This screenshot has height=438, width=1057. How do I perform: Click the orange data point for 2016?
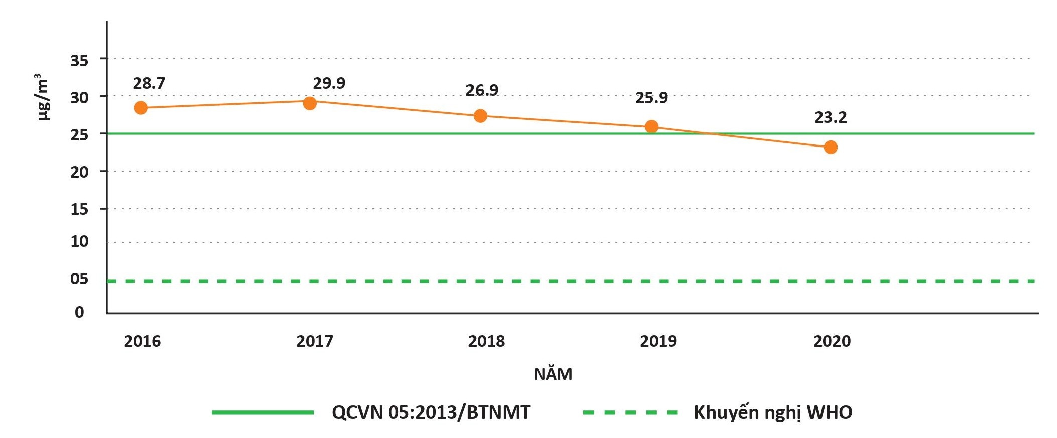tap(141, 108)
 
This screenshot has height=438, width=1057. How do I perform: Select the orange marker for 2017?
tap(310, 103)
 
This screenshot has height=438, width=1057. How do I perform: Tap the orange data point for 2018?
tap(480, 116)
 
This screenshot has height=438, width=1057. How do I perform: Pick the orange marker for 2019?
tap(651, 127)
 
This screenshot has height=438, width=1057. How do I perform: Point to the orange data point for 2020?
tap(831, 148)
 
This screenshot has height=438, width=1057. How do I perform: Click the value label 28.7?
tap(149, 83)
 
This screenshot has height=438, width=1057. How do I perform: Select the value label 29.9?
tap(329, 83)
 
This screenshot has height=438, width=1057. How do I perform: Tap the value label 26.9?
tap(482, 90)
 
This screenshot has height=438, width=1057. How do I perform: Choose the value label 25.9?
tap(651, 98)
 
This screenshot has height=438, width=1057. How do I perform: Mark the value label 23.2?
tap(831, 117)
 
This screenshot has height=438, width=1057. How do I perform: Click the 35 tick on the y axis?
tap(79, 61)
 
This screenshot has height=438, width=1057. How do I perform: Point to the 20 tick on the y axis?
tap(79, 172)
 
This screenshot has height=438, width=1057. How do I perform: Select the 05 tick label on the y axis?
tap(79, 279)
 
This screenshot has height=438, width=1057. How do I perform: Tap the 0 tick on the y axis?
tap(79, 312)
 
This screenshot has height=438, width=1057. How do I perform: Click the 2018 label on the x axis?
tap(486, 341)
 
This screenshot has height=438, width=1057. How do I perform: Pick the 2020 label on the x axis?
tap(832, 341)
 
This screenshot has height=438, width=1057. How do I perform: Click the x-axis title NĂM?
tap(553, 374)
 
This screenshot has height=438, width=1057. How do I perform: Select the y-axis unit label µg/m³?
tap(43, 97)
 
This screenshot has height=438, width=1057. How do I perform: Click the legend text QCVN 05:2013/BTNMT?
tap(431, 412)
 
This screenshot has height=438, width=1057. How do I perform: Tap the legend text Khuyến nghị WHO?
tap(773, 412)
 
